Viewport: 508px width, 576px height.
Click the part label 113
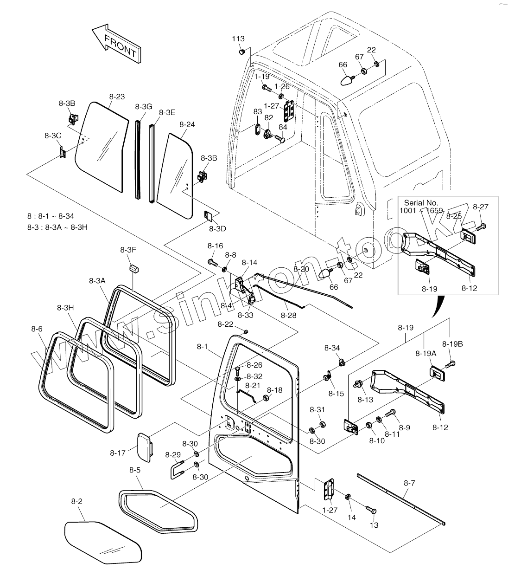[238, 39]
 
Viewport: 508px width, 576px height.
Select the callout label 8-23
[117, 97]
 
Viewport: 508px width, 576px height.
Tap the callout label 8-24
[187, 124]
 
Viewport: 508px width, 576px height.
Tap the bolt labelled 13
[371, 510]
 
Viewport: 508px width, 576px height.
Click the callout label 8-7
[409, 483]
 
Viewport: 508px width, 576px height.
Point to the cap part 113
[241, 52]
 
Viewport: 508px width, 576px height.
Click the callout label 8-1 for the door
[203, 346]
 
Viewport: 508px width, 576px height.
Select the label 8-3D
[217, 229]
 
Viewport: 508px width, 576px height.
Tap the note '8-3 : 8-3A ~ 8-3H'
[57, 227]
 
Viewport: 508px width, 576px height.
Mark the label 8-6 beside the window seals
[37, 329]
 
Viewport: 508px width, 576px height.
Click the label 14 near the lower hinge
[352, 517]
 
